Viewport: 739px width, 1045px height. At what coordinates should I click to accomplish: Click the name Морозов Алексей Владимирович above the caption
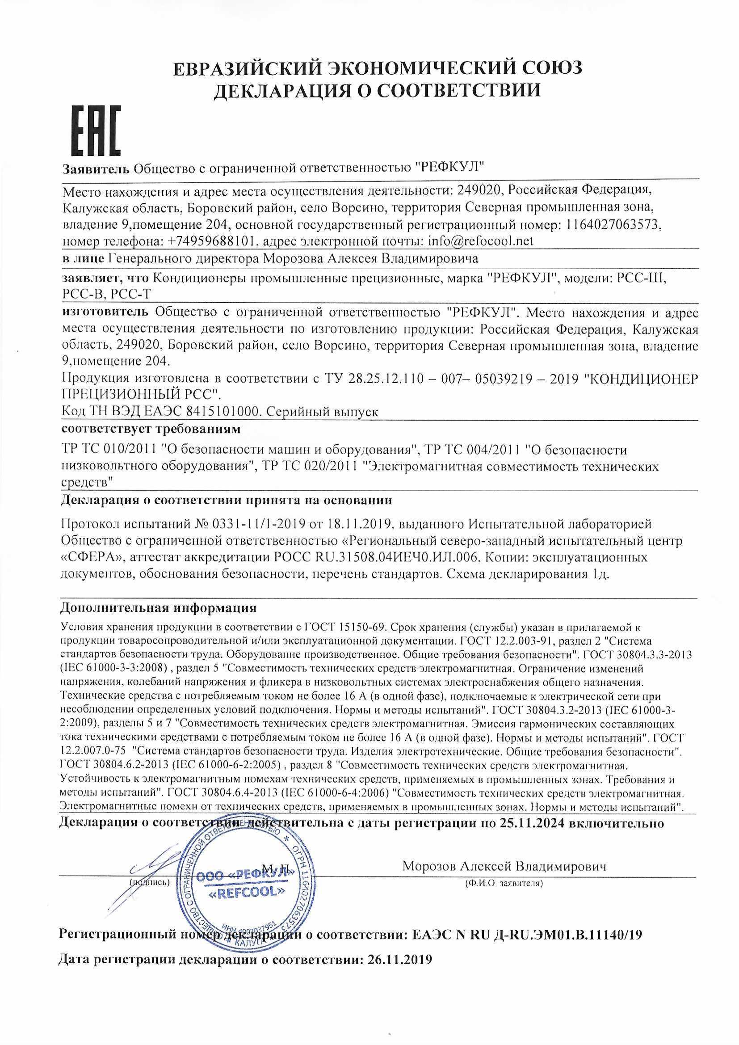(505, 867)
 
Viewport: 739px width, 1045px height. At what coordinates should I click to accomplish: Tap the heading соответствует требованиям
(150, 429)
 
